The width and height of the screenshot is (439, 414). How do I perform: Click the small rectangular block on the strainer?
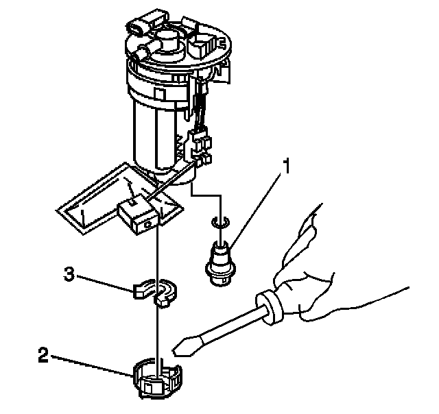coord(137,212)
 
